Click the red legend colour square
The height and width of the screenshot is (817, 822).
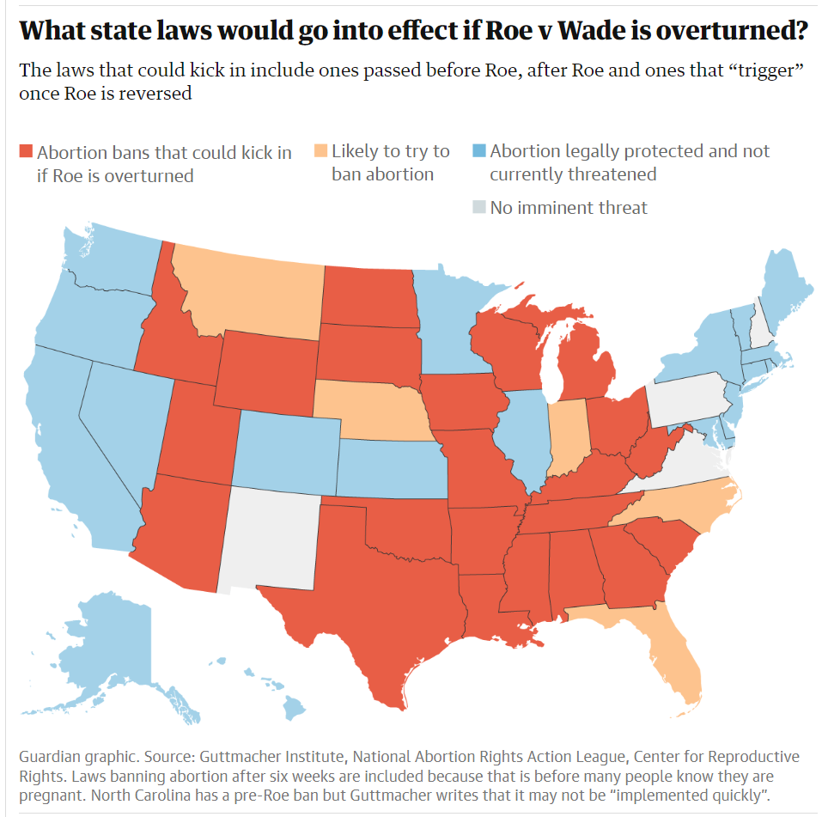(25, 152)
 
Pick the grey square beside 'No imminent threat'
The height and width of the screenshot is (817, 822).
(478, 207)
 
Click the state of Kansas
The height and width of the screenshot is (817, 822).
(391, 467)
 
